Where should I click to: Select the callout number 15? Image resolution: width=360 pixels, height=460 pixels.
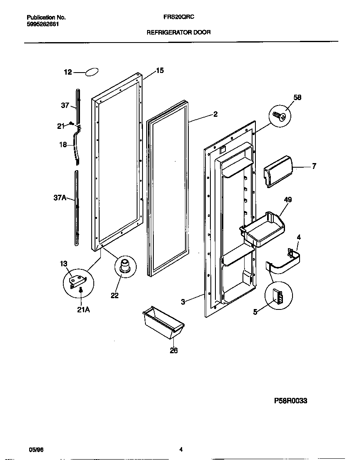pyautogui.click(x=160, y=71)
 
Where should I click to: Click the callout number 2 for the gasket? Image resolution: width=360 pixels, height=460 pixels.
pyautogui.click(x=215, y=114)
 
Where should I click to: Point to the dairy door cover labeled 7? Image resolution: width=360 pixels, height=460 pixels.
pyautogui.click(x=277, y=171)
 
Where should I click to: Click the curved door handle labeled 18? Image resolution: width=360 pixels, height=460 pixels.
pyautogui.click(x=76, y=146)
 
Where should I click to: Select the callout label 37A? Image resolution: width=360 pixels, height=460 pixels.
pyautogui.click(x=61, y=198)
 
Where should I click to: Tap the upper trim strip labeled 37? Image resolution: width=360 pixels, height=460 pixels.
pyautogui.click(x=78, y=104)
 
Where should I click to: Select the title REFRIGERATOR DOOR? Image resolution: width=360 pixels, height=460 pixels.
pyautogui.click(x=178, y=32)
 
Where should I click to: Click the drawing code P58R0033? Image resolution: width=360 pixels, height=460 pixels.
pyautogui.click(x=290, y=401)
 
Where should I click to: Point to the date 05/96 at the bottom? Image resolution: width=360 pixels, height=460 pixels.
pyautogui.click(x=35, y=450)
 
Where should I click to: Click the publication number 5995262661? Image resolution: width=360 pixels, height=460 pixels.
pyautogui.click(x=42, y=24)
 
